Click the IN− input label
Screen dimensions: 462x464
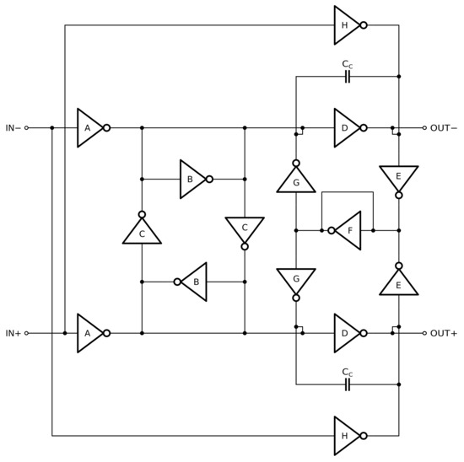coord(13,128)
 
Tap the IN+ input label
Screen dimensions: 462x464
coord(13,333)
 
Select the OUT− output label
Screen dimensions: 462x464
coord(443,128)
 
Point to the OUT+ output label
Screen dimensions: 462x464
coord(443,333)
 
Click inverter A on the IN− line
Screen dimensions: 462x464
coord(88,128)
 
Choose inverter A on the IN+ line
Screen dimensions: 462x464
coord(88,333)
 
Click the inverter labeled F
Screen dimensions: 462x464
coord(347,230)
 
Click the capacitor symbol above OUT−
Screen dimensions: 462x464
coord(347,77)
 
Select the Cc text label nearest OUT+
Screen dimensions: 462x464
coord(347,371)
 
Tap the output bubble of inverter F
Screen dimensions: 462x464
coord(332,230)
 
